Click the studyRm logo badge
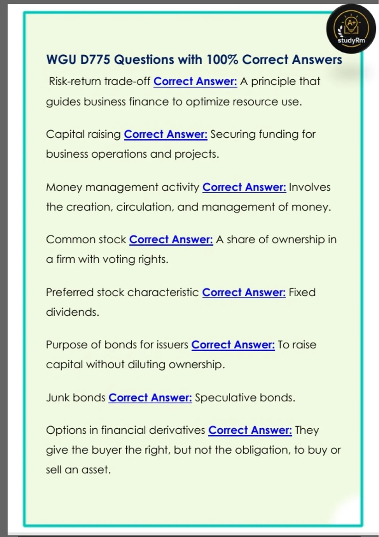[351, 29]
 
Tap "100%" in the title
[222, 60]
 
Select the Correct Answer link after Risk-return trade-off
[195, 81]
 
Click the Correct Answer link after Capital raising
[165, 134]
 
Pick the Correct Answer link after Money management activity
[244, 187]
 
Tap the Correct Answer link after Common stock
[171, 240]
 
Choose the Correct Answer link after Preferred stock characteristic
[244, 293]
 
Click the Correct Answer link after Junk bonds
[150, 398]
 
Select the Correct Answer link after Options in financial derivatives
[250, 430]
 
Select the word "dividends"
[72, 312]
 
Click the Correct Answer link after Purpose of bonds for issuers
[233, 345]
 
